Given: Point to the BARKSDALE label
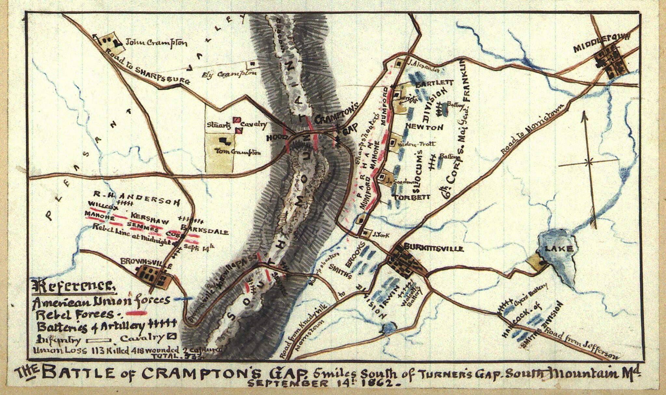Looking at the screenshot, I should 205,230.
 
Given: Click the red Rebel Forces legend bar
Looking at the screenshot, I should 137,313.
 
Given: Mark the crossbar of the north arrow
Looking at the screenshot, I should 588,161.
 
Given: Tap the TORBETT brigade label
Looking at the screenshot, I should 412,197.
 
